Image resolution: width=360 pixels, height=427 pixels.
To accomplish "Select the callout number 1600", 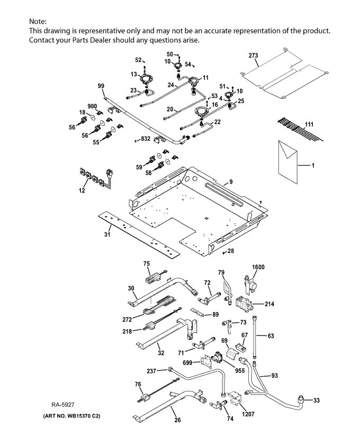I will (x=258, y=267).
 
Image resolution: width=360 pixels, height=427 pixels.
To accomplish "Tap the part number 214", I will (x=269, y=304).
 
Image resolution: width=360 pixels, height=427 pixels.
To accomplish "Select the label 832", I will (x=146, y=139).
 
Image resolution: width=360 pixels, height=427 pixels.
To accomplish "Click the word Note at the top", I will (x=38, y=21).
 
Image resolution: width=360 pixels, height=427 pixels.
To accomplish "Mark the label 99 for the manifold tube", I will (x=101, y=86).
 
